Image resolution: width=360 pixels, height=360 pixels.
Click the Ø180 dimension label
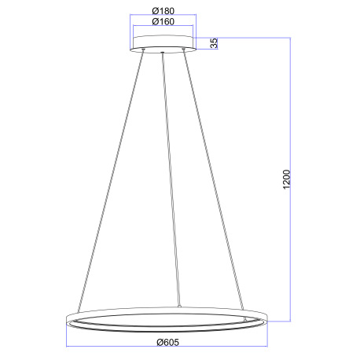(163, 12)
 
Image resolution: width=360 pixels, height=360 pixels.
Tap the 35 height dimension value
(214, 43)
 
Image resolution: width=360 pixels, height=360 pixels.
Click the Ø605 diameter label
(168, 341)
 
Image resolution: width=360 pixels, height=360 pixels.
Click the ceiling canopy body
(163, 42)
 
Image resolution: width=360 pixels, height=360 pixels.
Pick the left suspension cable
(110, 181)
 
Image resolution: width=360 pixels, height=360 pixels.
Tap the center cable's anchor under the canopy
(163, 53)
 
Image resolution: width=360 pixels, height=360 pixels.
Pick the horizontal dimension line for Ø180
(163, 17)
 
